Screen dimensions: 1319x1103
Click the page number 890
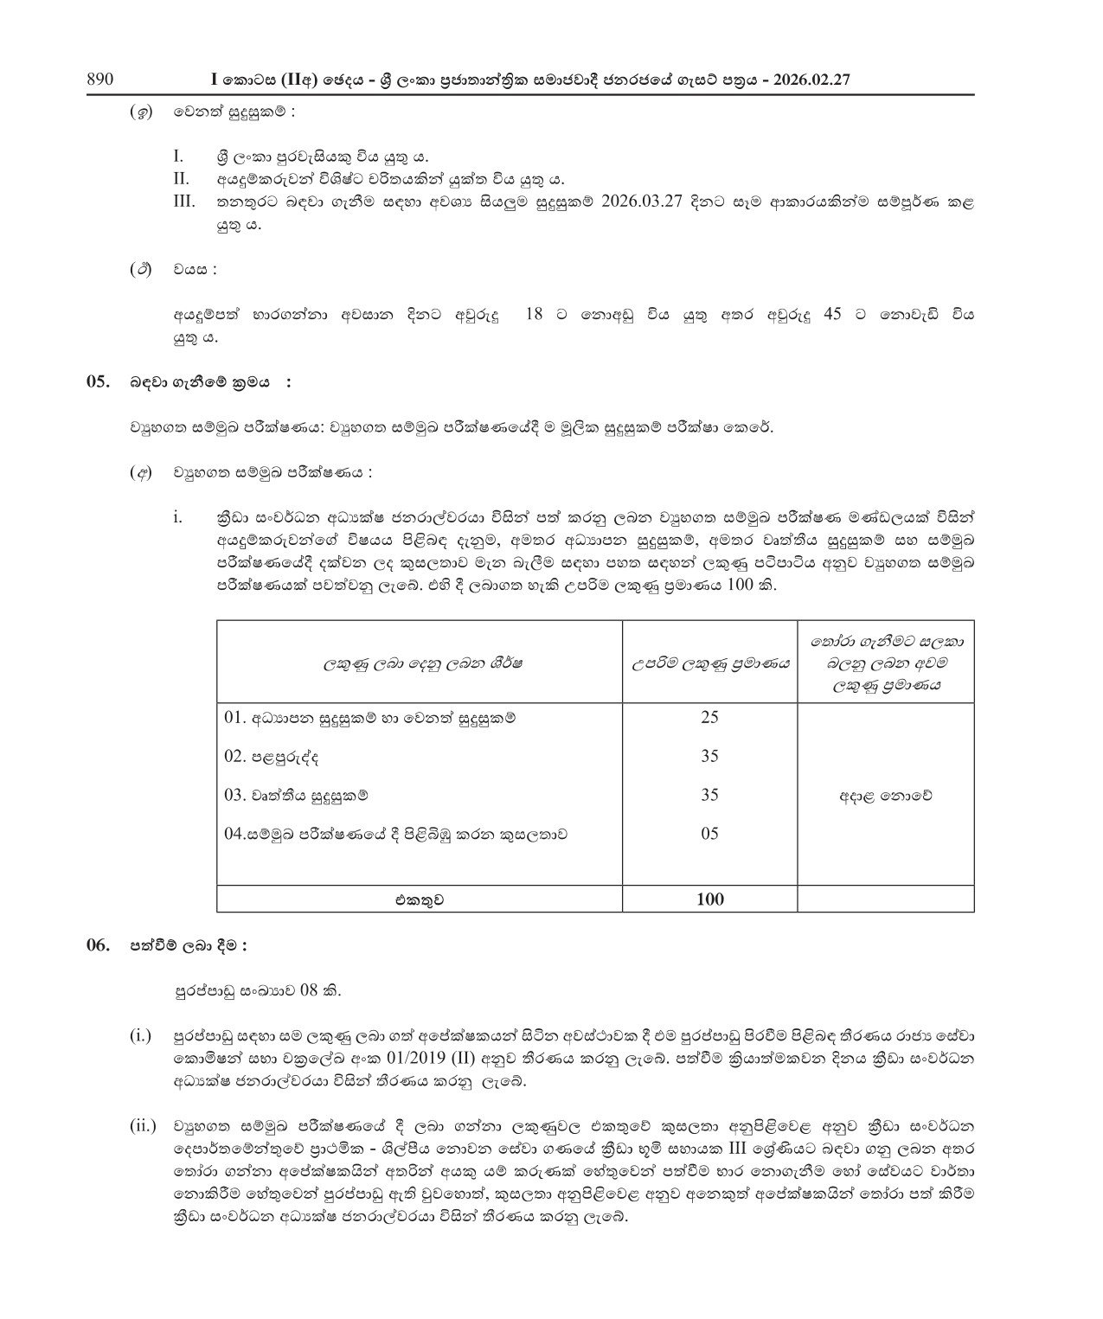tap(100, 80)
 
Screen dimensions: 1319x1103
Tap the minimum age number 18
tap(534, 315)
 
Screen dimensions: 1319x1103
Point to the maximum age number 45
tap(832, 315)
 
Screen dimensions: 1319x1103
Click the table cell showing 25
tap(709, 717)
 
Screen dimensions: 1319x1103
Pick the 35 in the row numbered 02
tap(709, 756)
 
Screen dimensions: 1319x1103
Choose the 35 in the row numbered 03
tap(709, 795)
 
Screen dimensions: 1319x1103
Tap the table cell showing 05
tap(709, 834)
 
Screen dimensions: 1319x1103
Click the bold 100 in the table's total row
tap(709, 900)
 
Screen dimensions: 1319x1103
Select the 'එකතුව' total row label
tap(420, 900)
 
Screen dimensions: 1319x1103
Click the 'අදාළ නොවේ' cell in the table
tap(885, 796)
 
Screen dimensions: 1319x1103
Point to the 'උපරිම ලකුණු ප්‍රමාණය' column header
tap(709, 663)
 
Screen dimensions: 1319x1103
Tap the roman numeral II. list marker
tap(181, 180)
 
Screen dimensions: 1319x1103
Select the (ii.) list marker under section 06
tap(144, 1125)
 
